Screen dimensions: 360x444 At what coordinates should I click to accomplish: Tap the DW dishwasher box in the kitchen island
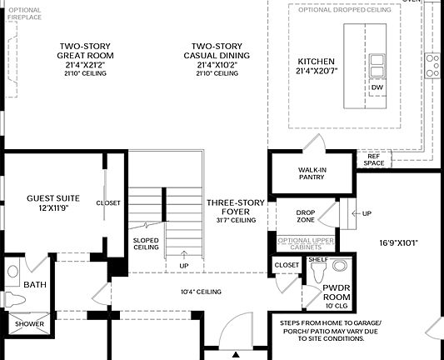click(377, 87)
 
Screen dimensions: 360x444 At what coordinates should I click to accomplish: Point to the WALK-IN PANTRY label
click(312, 173)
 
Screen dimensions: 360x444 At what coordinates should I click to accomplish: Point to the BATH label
click(35, 285)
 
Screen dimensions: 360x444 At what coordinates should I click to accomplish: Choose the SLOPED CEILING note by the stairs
click(147, 244)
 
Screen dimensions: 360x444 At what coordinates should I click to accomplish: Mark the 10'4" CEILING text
click(202, 292)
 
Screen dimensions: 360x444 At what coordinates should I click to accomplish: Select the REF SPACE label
click(374, 159)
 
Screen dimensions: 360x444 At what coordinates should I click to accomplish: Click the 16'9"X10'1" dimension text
click(397, 243)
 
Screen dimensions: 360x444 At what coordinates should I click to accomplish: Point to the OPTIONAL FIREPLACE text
click(24, 13)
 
